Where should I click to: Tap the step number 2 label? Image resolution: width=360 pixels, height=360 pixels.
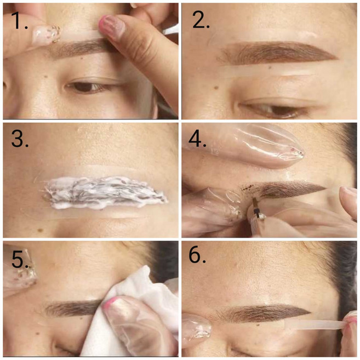(x=201, y=20)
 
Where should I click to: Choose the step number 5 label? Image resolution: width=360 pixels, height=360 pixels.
(x=20, y=259)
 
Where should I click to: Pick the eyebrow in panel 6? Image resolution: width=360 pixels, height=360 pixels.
(x=264, y=313)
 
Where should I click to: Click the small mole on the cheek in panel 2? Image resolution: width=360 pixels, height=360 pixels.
(x=216, y=88)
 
